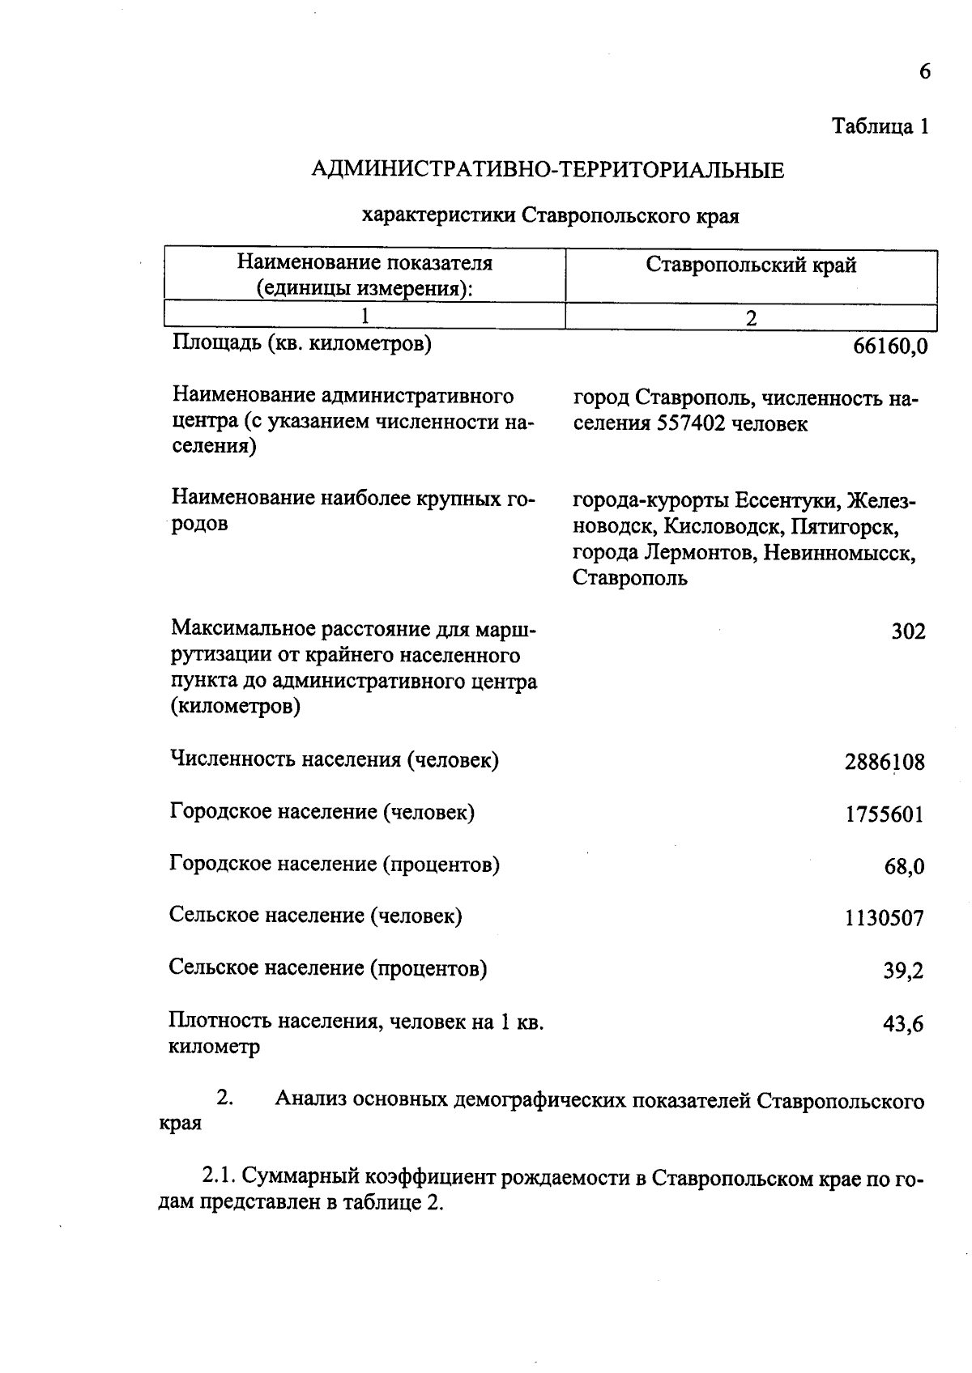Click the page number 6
click(x=924, y=72)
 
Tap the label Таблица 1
click(x=880, y=127)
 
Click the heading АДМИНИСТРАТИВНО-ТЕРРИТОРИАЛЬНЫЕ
click(x=548, y=171)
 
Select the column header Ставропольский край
click(x=751, y=266)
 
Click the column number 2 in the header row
click(x=751, y=318)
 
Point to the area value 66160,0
click(x=889, y=347)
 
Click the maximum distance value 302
click(x=908, y=632)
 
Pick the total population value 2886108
click(x=885, y=763)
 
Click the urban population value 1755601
click(x=885, y=814)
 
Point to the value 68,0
click(x=904, y=867)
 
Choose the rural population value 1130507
click(x=885, y=919)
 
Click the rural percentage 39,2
click(x=904, y=971)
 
